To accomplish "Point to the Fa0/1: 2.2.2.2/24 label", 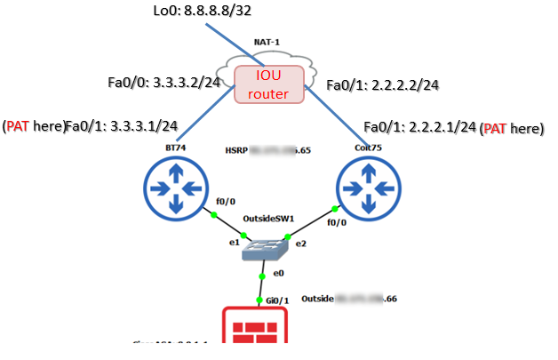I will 384,85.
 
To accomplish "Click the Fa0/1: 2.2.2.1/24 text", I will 419,127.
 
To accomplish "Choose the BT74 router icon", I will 174,187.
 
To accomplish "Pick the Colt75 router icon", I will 366,187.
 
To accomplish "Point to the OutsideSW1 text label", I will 269,217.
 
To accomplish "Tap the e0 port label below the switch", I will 278,272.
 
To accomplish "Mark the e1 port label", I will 234,242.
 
